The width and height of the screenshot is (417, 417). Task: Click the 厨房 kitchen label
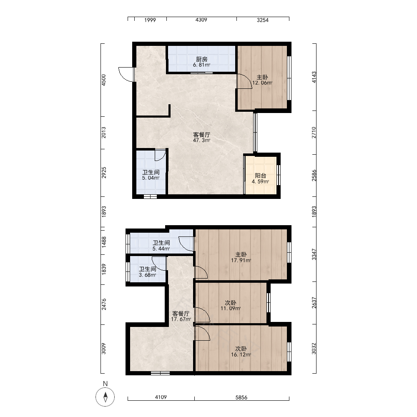(x=201, y=59)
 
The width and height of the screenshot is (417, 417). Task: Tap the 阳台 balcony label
(x=260, y=176)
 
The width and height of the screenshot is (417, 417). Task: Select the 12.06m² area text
(x=262, y=83)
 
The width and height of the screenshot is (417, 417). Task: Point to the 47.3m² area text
(x=201, y=141)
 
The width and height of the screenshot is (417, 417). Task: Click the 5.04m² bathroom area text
(x=151, y=178)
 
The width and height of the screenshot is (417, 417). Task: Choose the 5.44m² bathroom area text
(x=161, y=249)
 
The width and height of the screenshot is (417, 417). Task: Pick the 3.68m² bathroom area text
(x=147, y=275)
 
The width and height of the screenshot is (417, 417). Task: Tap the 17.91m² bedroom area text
(x=241, y=260)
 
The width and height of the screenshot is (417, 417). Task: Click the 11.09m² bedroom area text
(x=231, y=309)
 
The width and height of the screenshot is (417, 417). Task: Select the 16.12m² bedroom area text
(x=241, y=354)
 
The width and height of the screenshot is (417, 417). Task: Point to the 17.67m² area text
(x=181, y=319)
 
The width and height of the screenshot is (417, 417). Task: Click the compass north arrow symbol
(x=106, y=397)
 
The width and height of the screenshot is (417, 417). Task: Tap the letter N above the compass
(x=106, y=384)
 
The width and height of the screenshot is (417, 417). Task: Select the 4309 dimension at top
(x=201, y=20)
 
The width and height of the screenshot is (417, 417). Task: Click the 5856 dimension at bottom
(x=241, y=397)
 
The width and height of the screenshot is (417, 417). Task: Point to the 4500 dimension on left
(x=104, y=80)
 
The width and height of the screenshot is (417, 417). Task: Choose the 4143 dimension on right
(x=314, y=77)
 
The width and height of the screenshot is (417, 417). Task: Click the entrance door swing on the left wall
(x=126, y=75)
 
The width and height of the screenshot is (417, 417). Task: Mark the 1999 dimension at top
(x=150, y=20)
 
